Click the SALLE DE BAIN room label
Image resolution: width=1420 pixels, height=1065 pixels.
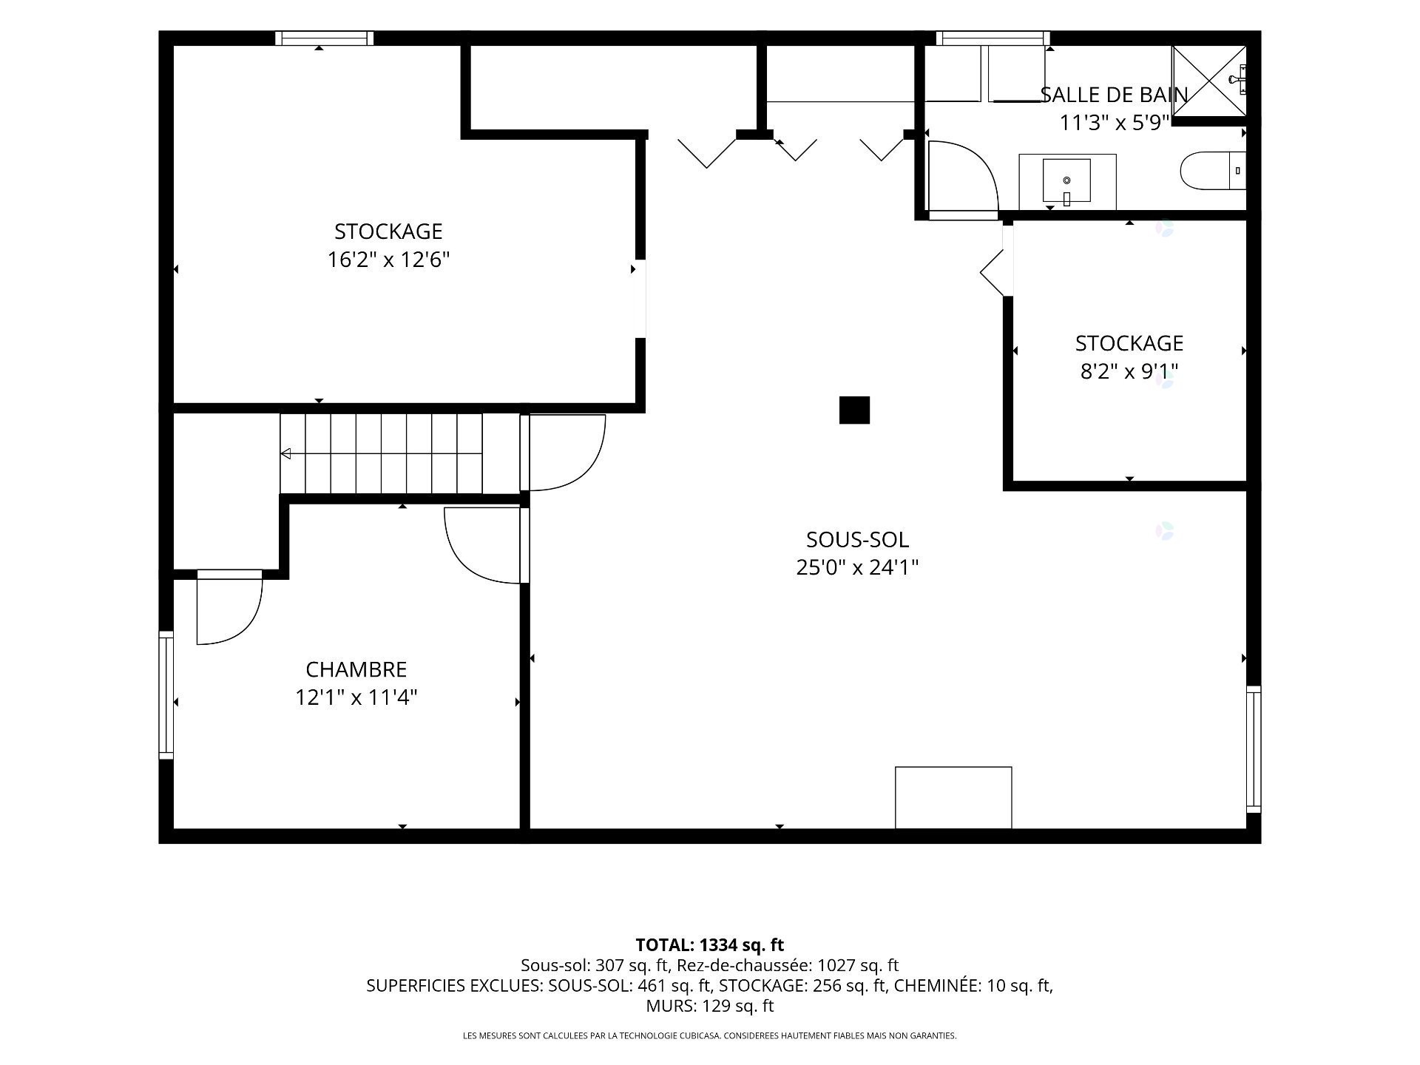1114,95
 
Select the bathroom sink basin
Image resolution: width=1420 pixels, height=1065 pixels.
1066,180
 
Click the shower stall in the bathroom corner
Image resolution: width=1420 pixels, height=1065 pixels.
1209,81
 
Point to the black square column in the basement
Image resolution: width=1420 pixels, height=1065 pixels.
854,410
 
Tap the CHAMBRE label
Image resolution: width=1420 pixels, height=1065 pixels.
356,669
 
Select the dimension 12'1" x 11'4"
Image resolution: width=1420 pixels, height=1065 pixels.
356,697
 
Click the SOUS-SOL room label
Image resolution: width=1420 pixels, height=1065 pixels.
857,539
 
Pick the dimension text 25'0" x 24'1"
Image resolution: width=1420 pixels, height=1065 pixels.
857,567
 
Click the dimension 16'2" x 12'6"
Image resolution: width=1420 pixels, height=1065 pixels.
389,260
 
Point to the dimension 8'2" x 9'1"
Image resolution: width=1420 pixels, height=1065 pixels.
1129,371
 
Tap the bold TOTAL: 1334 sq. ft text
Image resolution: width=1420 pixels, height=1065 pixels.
710,944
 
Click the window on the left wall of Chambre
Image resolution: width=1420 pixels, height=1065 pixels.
166,695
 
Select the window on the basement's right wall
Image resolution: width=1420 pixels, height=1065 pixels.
1254,749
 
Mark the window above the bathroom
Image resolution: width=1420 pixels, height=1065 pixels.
993,38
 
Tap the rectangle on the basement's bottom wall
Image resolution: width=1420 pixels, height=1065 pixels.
953,798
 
